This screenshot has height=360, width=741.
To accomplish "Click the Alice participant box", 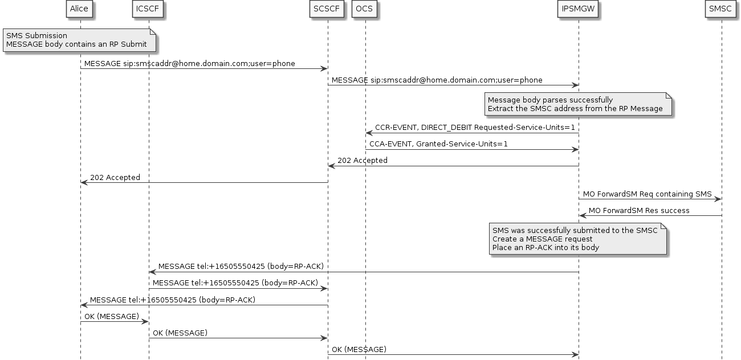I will point(80,9).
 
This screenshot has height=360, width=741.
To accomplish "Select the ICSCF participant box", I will point(149,9).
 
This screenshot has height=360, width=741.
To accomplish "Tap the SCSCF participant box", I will point(327,9).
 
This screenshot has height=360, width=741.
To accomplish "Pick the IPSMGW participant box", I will point(579,9).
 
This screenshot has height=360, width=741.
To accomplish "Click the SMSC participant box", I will point(721,9).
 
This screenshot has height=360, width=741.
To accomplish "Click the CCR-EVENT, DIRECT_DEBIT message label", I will point(474,128).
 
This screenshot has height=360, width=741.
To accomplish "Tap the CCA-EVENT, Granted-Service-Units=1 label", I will point(438,144).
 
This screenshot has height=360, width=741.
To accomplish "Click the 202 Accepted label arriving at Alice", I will point(115,177).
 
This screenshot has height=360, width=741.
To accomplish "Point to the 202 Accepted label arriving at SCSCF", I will point(363,161).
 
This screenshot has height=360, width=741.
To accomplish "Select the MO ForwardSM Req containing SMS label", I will point(647,194).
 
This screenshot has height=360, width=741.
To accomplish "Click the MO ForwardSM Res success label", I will point(639,210).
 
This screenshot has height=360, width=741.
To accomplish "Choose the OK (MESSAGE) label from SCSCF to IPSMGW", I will point(359,349).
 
